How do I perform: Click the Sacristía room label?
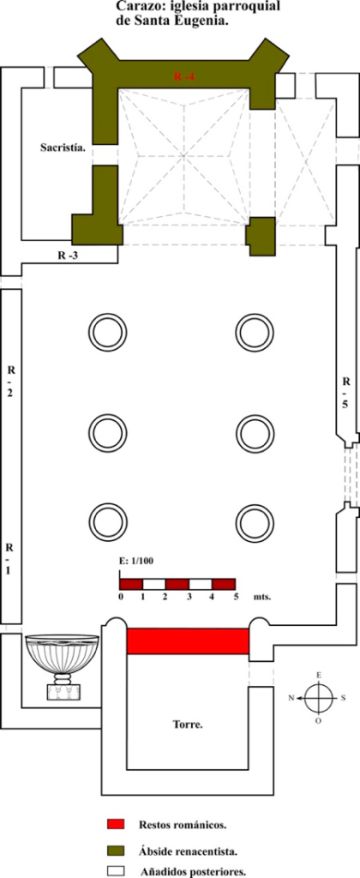[x=63, y=147]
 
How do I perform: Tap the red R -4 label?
[x=183, y=77]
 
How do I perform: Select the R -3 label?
[x=70, y=256]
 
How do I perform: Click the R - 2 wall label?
[x=10, y=382]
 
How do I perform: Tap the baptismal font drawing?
[x=63, y=667]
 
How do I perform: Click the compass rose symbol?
[x=319, y=698]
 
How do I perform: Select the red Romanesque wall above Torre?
[x=188, y=640]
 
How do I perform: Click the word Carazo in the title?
[x=135, y=7]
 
